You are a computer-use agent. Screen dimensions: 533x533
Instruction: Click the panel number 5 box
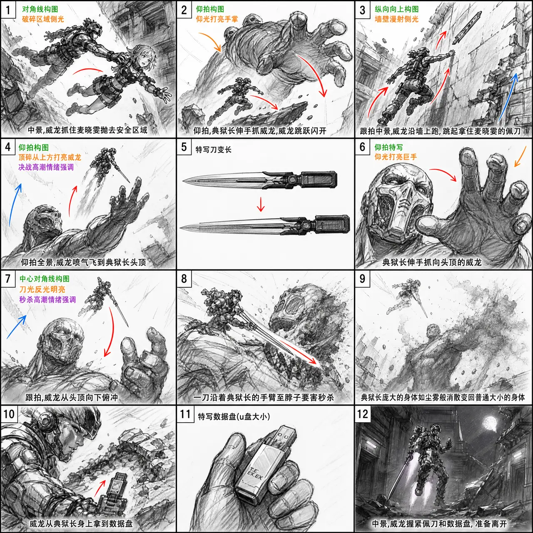(184, 147)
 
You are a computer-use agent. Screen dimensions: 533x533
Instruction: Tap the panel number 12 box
(362, 413)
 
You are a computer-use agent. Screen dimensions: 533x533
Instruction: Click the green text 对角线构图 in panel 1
(40, 10)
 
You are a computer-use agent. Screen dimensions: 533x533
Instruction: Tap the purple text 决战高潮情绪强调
(46, 167)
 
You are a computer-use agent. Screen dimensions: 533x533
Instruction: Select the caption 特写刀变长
(213, 149)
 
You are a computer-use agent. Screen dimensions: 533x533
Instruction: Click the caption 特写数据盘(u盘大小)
(234, 416)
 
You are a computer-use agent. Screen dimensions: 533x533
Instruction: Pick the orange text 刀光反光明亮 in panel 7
(42, 289)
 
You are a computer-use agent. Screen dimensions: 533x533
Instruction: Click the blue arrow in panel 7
(16, 327)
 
